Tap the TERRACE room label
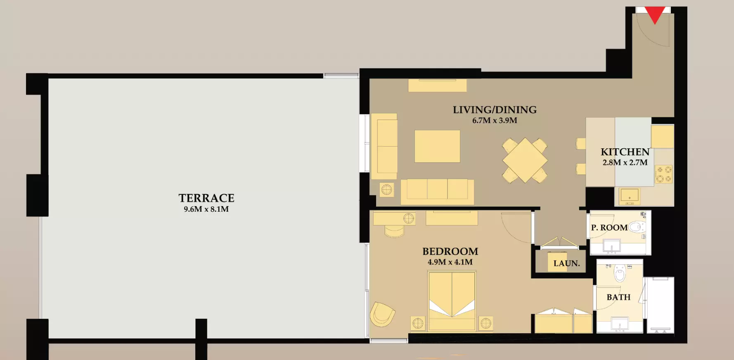coord(206,198)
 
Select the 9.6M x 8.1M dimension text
coord(206,209)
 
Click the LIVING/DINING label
coord(495,110)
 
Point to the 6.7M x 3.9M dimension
coord(495,121)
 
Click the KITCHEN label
coord(625,152)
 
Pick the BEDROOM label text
coord(450,251)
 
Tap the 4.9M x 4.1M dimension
coord(450,262)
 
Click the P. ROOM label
coord(609,227)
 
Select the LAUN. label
coord(566,263)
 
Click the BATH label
coord(618,297)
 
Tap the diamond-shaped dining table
coord(525,160)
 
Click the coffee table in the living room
coord(437,146)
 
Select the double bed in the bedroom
coord(452,301)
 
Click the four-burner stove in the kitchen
coord(664,174)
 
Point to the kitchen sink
coord(629,195)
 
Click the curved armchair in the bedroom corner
coord(382,314)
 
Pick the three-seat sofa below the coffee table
coord(437,192)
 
